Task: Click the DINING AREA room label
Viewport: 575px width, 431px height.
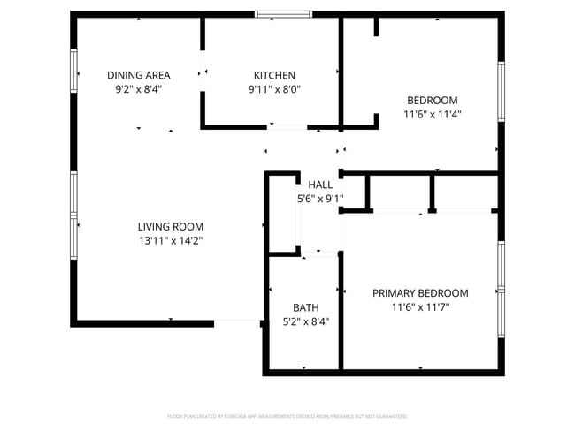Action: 138,75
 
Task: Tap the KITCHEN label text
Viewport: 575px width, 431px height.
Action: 274,75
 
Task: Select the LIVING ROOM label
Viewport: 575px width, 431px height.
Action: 171,226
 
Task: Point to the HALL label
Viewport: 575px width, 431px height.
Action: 320,185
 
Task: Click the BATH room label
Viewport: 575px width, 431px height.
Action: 306,307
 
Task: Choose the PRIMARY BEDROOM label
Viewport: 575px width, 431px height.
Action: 420,293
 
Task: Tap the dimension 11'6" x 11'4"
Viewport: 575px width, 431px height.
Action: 433,114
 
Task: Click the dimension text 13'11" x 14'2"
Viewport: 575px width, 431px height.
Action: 171,240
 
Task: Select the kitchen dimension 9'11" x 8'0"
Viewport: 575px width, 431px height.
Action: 274,89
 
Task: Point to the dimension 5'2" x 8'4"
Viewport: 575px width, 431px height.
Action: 306,321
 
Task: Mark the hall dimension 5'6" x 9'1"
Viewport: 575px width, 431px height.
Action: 320,199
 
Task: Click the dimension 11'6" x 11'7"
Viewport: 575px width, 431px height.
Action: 420,307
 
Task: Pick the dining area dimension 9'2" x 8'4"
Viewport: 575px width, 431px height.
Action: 138,89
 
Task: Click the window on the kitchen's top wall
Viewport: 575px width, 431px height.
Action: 283,14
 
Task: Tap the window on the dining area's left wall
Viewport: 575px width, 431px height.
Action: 74,69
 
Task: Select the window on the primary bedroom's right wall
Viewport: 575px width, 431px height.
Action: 501,278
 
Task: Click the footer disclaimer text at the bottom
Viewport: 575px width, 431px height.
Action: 287,415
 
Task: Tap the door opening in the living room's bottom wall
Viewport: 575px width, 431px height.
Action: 237,322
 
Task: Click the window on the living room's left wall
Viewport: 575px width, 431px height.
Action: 74,215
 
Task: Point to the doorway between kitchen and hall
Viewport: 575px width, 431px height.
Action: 287,128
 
